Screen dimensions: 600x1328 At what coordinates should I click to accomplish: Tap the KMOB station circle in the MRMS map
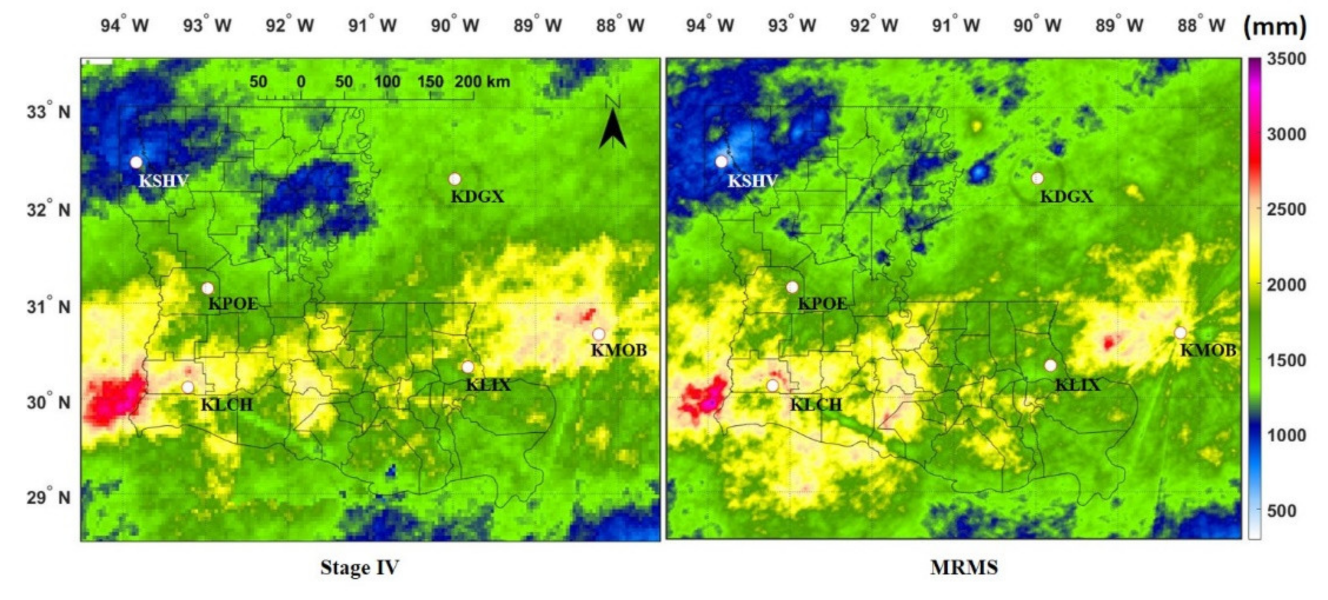coord(1180,333)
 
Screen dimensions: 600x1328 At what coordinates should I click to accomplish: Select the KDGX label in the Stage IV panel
coord(477,197)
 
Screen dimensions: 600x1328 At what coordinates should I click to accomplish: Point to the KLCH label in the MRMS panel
coord(815,405)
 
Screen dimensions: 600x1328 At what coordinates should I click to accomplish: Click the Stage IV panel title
coord(360,567)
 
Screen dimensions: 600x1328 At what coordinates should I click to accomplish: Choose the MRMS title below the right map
coord(964,567)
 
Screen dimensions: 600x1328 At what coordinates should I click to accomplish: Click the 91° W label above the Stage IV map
coord(372,25)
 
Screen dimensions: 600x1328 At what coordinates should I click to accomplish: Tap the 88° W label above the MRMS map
coord(1201,25)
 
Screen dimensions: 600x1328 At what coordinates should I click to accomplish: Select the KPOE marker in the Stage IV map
coord(207,288)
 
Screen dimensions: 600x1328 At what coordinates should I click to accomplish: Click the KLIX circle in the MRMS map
coord(1050,365)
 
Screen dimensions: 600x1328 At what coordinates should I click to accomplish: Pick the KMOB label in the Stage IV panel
coord(618,350)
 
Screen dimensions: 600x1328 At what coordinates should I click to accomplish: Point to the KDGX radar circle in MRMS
coord(1037,178)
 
